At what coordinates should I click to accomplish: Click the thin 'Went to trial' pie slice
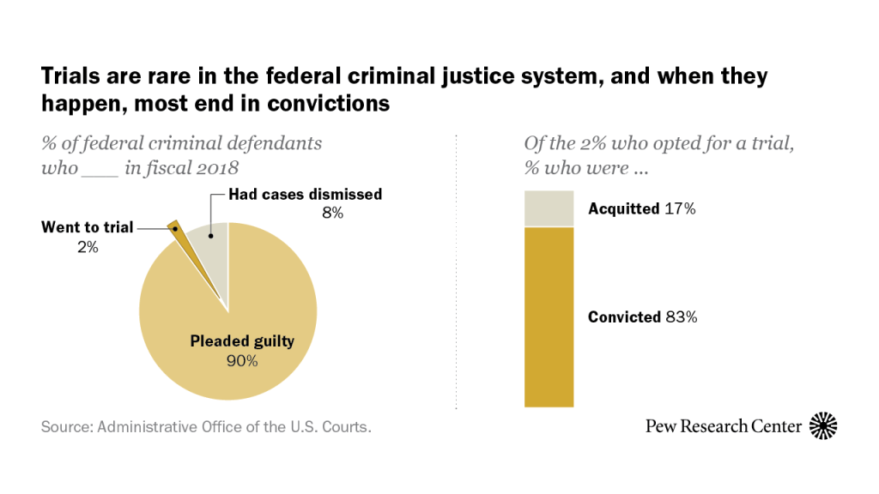click(179, 239)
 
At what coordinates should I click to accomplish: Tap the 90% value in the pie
click(242, 361)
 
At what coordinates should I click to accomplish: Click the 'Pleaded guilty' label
click(242, 341)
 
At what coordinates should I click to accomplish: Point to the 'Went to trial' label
click(88, 228)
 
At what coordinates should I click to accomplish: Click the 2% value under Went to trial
click(88, 248)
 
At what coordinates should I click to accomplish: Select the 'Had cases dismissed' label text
click(305, 195)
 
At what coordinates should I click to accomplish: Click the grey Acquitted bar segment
click(549, 208)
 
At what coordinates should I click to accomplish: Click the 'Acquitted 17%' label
click(641, 208)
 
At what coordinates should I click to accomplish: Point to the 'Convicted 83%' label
click(642, 317)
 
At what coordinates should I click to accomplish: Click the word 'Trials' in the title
click(67, 77)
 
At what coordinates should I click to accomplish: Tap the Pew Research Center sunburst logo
click(822, 425)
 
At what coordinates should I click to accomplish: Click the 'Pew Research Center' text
click(724, 426)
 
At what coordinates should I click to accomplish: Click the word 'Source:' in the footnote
click(67, 426)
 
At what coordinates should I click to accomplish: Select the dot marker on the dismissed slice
click(210, 233)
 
